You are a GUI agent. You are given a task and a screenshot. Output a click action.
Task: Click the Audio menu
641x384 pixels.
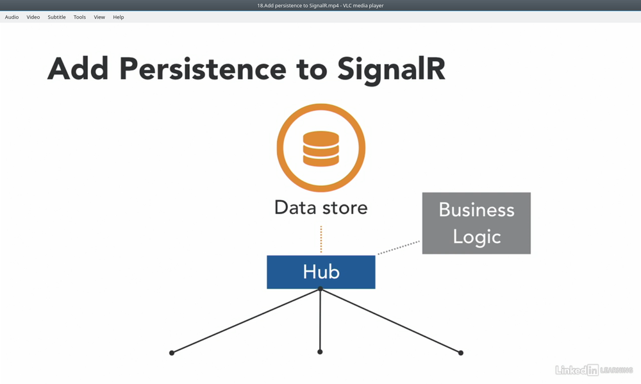12,17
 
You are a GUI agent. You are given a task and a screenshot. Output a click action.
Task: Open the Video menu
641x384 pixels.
33,17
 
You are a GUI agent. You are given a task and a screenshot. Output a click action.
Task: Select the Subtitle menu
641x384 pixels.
56,17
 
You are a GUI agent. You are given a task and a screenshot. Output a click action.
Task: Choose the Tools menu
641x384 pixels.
79,17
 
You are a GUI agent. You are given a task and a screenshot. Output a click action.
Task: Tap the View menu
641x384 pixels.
99,17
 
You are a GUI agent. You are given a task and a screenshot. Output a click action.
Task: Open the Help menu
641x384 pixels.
119,17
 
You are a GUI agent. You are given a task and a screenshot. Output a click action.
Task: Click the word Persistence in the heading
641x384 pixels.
203,69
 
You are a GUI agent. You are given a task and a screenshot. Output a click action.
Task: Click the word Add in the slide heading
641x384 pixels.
78,69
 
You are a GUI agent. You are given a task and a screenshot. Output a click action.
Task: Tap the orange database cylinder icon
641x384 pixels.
321,149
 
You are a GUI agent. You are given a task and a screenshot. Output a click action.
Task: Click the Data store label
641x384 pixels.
321,208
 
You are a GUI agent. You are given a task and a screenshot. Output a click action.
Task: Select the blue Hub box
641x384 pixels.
321,272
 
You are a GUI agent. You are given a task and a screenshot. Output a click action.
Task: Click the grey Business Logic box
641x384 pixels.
476,223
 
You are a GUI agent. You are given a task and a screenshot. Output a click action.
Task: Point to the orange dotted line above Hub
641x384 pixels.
321,239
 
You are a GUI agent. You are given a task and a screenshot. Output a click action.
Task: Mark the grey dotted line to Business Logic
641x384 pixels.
399,248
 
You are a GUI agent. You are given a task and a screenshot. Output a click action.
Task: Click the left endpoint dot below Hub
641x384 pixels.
172,353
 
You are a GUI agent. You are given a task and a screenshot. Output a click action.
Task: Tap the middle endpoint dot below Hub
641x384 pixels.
320,352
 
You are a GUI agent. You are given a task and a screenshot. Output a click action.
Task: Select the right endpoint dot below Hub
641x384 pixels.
461,353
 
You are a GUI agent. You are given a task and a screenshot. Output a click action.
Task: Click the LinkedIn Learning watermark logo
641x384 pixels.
594,370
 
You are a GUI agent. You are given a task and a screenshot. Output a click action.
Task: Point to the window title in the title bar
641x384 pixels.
320,6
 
